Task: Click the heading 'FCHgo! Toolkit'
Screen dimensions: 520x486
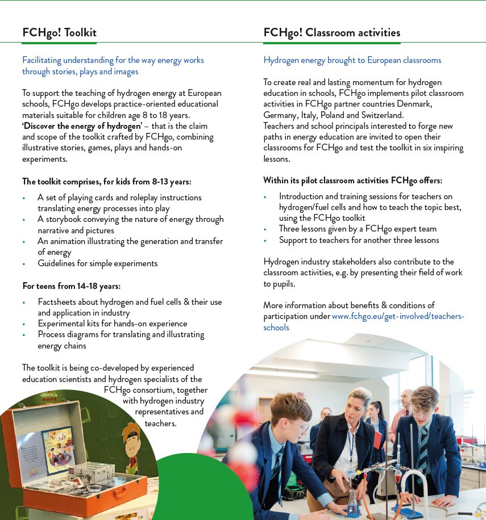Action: (x=59, y=32)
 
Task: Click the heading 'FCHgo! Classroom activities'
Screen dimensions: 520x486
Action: (x=331, y=32)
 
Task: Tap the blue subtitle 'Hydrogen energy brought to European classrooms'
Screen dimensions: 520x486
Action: (x=352, y=60)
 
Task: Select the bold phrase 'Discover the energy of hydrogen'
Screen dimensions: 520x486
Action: (x=82, y=126)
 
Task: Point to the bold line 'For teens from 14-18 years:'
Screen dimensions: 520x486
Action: (x=71, y=286)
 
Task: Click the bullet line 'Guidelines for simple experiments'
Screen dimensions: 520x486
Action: (x=97, y=263)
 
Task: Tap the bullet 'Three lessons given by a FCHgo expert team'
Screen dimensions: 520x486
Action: (x=358, y=229)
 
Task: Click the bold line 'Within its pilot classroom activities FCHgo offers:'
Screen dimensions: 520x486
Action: (x=352, y=181)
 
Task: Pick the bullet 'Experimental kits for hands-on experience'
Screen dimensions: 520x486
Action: (x=112, y=324)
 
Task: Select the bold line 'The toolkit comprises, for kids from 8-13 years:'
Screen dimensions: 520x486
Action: (x=106, y=182)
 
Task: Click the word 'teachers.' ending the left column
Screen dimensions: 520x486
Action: (x=160, y=423)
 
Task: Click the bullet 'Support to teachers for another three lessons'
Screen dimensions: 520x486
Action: (x=359, y=240)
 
